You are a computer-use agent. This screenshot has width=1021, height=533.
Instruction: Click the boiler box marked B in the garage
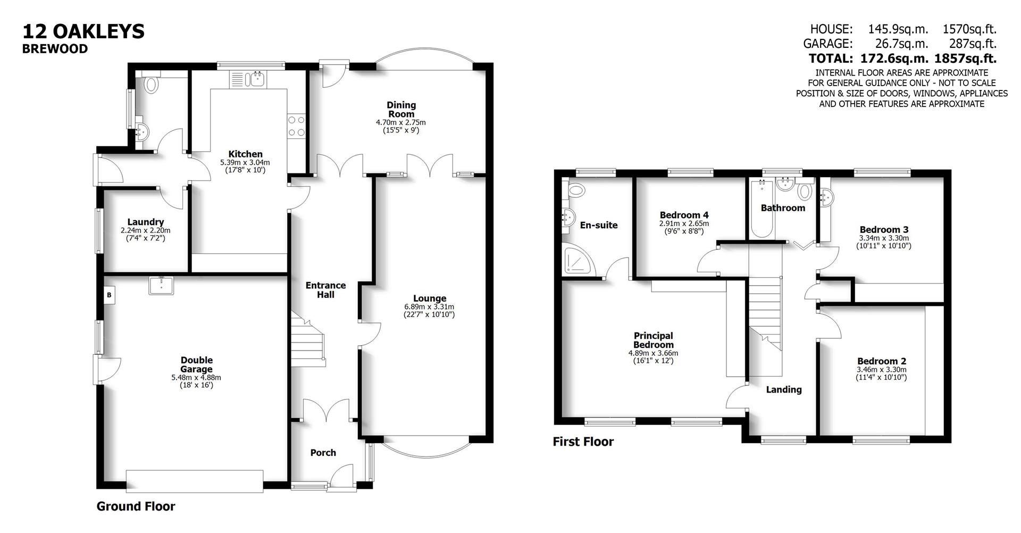tap(108, 295)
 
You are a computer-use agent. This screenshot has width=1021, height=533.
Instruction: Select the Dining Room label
tap(401, 110)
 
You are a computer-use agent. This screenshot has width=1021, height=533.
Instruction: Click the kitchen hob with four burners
tap(296, 126)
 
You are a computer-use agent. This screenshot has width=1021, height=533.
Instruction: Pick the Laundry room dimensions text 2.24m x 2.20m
tap(145, 231)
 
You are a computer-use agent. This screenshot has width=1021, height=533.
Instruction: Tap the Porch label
tap(323, 453)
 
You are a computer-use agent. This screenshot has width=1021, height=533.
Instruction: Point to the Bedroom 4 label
tap(683, 215)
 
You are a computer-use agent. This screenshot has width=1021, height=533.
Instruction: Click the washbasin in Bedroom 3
tap(827, 198)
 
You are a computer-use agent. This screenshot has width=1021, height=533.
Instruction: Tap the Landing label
tap(783, 390)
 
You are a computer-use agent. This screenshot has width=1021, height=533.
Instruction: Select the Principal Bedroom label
tap(653, 340)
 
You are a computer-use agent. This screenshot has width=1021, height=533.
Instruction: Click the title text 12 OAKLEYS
tap(83, 31)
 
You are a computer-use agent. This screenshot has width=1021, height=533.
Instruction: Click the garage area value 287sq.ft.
tap(973, 44)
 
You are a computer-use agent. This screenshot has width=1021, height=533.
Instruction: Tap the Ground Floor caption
tap(136, 506)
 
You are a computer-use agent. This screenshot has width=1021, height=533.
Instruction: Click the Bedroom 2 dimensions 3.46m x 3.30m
tap(881, 370)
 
